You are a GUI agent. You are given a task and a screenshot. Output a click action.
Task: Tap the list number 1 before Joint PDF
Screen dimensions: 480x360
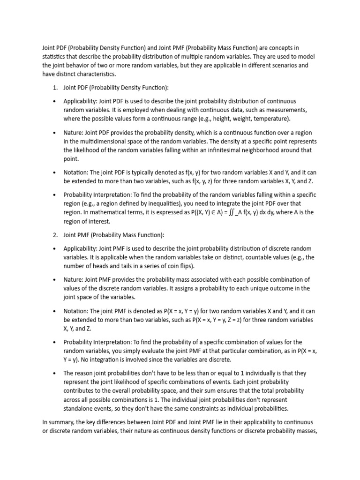pos(54,88)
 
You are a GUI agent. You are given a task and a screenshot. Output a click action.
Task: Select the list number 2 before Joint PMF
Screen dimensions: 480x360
pos(54,235)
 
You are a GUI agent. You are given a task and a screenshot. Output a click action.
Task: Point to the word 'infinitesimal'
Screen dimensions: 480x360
pos(222,150)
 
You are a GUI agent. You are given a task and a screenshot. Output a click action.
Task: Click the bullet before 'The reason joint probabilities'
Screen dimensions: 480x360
pos(55,373)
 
